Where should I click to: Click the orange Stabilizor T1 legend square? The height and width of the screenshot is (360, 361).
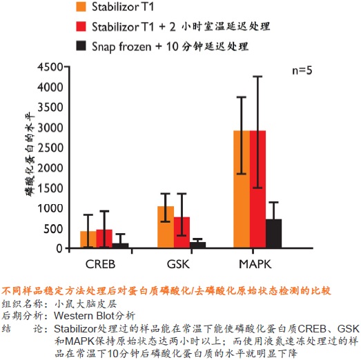click(x=81, y=7)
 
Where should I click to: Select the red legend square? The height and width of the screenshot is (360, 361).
click(x=81, y=26)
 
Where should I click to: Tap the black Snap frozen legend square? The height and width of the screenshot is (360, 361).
click(x=81, y=46)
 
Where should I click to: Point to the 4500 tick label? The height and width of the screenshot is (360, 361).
click(x=50, y=68)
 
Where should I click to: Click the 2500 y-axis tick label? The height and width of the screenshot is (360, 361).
click(x=50, y=148)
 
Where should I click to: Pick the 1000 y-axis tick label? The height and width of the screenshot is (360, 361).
click(x=50, y=208)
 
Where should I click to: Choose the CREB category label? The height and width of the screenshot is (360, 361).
click(x=100, y=264)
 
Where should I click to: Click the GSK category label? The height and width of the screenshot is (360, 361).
click(x=178, y=264)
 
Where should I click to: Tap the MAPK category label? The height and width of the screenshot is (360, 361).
click(x=255, y=264)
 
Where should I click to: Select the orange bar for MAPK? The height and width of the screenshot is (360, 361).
click(x=242, y=189)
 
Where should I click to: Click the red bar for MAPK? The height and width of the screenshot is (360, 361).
click(x=257, y=189)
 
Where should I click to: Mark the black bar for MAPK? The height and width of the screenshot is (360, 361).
click(x=273, y=234)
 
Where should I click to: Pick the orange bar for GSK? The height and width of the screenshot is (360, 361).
click(x=166, y=227)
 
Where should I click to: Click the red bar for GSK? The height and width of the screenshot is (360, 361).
click(x=182, y=232)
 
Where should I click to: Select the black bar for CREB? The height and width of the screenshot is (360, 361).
click(x=120, y=246)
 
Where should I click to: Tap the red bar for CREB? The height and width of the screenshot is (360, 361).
click(x=104, y=239)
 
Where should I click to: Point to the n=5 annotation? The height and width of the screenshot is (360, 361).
click(x=302, y=70)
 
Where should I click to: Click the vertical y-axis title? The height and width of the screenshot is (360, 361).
click(x=30, y=154)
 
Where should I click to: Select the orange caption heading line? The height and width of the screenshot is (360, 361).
click(x=166, y=291)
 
